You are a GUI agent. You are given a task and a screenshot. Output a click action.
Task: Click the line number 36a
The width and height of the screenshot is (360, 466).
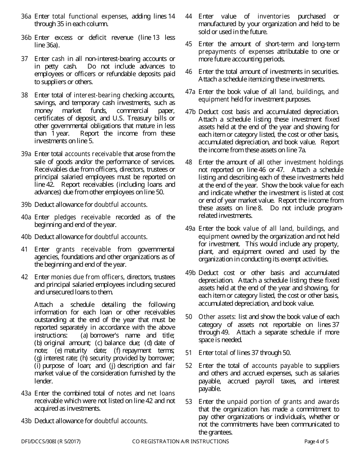coord(26,17)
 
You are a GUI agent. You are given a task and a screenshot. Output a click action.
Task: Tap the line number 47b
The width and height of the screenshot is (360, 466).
coord(190,112)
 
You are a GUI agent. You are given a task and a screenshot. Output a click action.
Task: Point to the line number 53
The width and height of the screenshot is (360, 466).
coord(189,402)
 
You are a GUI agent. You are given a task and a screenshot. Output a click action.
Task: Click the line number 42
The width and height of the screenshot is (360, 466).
coord(25,277)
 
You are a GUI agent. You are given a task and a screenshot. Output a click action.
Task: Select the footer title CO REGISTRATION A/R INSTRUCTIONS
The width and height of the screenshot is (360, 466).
coord(180,441)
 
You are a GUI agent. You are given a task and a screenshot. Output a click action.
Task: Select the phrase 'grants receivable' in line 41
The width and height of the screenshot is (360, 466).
coord(83,249)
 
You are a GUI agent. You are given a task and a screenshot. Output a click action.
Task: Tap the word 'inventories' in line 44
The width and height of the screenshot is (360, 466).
coord(274,17)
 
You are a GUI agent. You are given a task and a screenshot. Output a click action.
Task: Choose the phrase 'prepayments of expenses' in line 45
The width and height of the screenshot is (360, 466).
coord(236,52)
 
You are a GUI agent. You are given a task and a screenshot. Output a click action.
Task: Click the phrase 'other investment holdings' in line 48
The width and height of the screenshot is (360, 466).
coord(305,162)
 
